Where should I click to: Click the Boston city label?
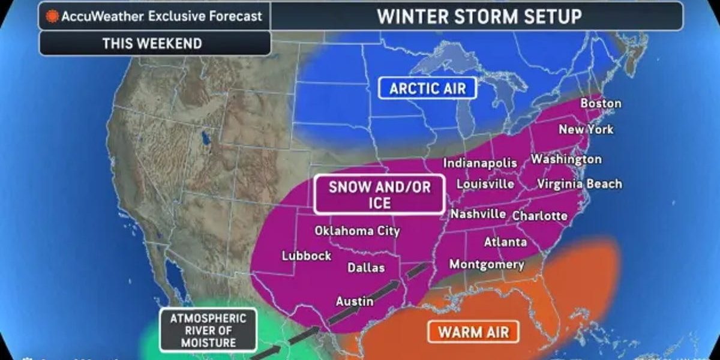click(x=601, y=103)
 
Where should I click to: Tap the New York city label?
click(x=586, y=129)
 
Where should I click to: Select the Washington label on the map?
click(x=566, y=159)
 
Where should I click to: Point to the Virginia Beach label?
click(x=579, y=184)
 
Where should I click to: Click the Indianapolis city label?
click(x=480, y=163)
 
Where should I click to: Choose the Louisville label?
click(x=485, y=184)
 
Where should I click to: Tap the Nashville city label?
click(x=478, y=214)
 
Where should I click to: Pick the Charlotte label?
click(x=540, y=215)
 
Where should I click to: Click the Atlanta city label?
click(x=505, y=242)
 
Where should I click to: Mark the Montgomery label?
click(x=487, y=264)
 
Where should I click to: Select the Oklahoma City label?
click(x=357, y=230)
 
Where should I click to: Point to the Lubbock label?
click(x=307, y=256)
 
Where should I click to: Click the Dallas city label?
click(x=366, y=268)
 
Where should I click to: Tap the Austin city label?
click(x=354, y=301)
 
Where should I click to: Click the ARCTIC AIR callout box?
click(x=427, y=89)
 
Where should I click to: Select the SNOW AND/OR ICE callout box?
click(x=379, y=194)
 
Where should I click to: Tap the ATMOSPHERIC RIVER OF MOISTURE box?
click(x=207, y=330)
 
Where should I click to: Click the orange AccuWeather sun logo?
click(x=52, y=16)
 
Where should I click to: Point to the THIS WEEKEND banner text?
click(x=152, y=43)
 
